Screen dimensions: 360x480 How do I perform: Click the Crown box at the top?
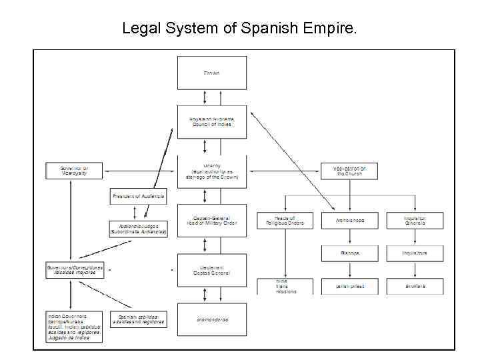click(x=211, y=73)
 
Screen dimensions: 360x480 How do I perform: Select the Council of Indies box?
click(x=211, y=121)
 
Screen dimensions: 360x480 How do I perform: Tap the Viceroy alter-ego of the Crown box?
click(x=211, y=171)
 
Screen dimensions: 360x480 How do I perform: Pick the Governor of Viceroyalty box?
click(x=73, y=171)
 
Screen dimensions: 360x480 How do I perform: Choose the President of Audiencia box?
click(x=138, y=197)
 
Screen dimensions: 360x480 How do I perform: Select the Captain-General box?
click(x=211, y=221)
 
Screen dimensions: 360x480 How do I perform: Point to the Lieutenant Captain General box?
click(x=211, y=271)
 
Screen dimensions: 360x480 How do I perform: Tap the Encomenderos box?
click(x=211, y=320)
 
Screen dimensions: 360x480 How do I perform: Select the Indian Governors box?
click(x=73, y=327)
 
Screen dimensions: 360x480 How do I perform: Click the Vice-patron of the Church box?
click(x=349, y=171)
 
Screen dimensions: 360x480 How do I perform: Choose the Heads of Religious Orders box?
click(x=285, y=221)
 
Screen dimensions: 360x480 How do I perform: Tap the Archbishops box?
click(x=349, y=221)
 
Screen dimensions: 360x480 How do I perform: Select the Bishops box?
click(x=349, y=253)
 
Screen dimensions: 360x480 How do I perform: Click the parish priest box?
click(x=349, y=287)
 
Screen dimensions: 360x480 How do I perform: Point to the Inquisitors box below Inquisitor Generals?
click(x=414, y=253)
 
